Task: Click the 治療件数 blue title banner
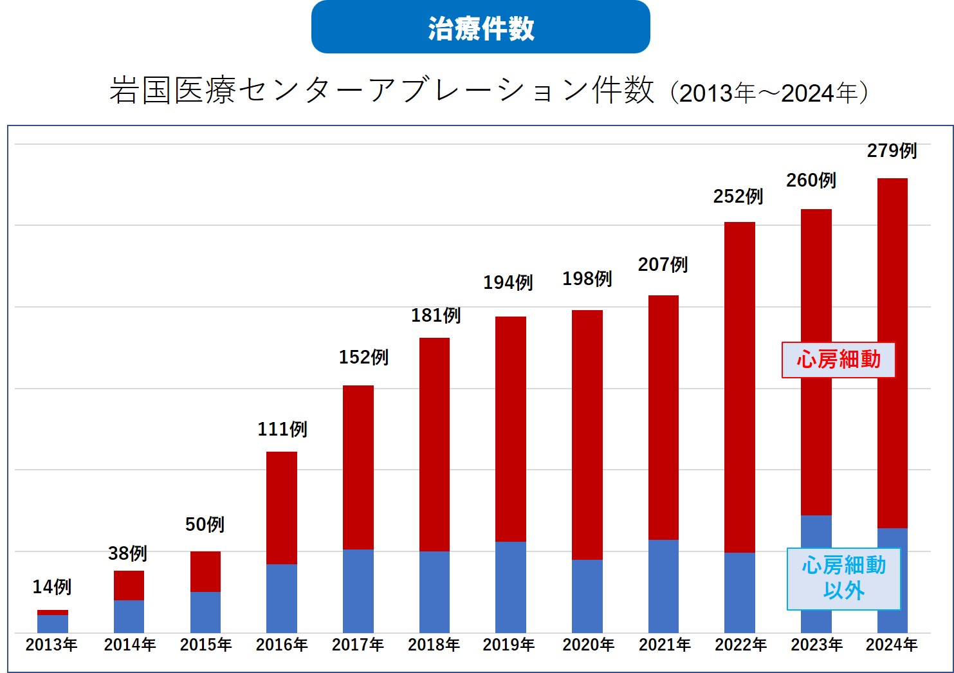point(481,28)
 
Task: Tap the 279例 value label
point(892,151)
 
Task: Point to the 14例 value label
point(52,587)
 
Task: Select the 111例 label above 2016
point(282,429)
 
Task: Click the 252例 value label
point(738,196)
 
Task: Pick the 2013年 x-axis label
point(51,645)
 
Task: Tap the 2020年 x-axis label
point(588,645)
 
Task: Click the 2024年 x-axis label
point(892,645)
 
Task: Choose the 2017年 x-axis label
point(358,645)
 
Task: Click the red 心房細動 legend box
point(838,360)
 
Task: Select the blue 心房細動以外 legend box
point(843,578)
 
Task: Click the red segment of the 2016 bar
point(282,508)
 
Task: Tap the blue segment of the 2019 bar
point(511,587)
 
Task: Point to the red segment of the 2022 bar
point(740,387)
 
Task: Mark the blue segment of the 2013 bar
point(53,623)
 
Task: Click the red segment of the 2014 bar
point(129,585)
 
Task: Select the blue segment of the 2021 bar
point(663,585)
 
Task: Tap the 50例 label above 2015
point(205,524)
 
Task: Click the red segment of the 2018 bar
point(434,444)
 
